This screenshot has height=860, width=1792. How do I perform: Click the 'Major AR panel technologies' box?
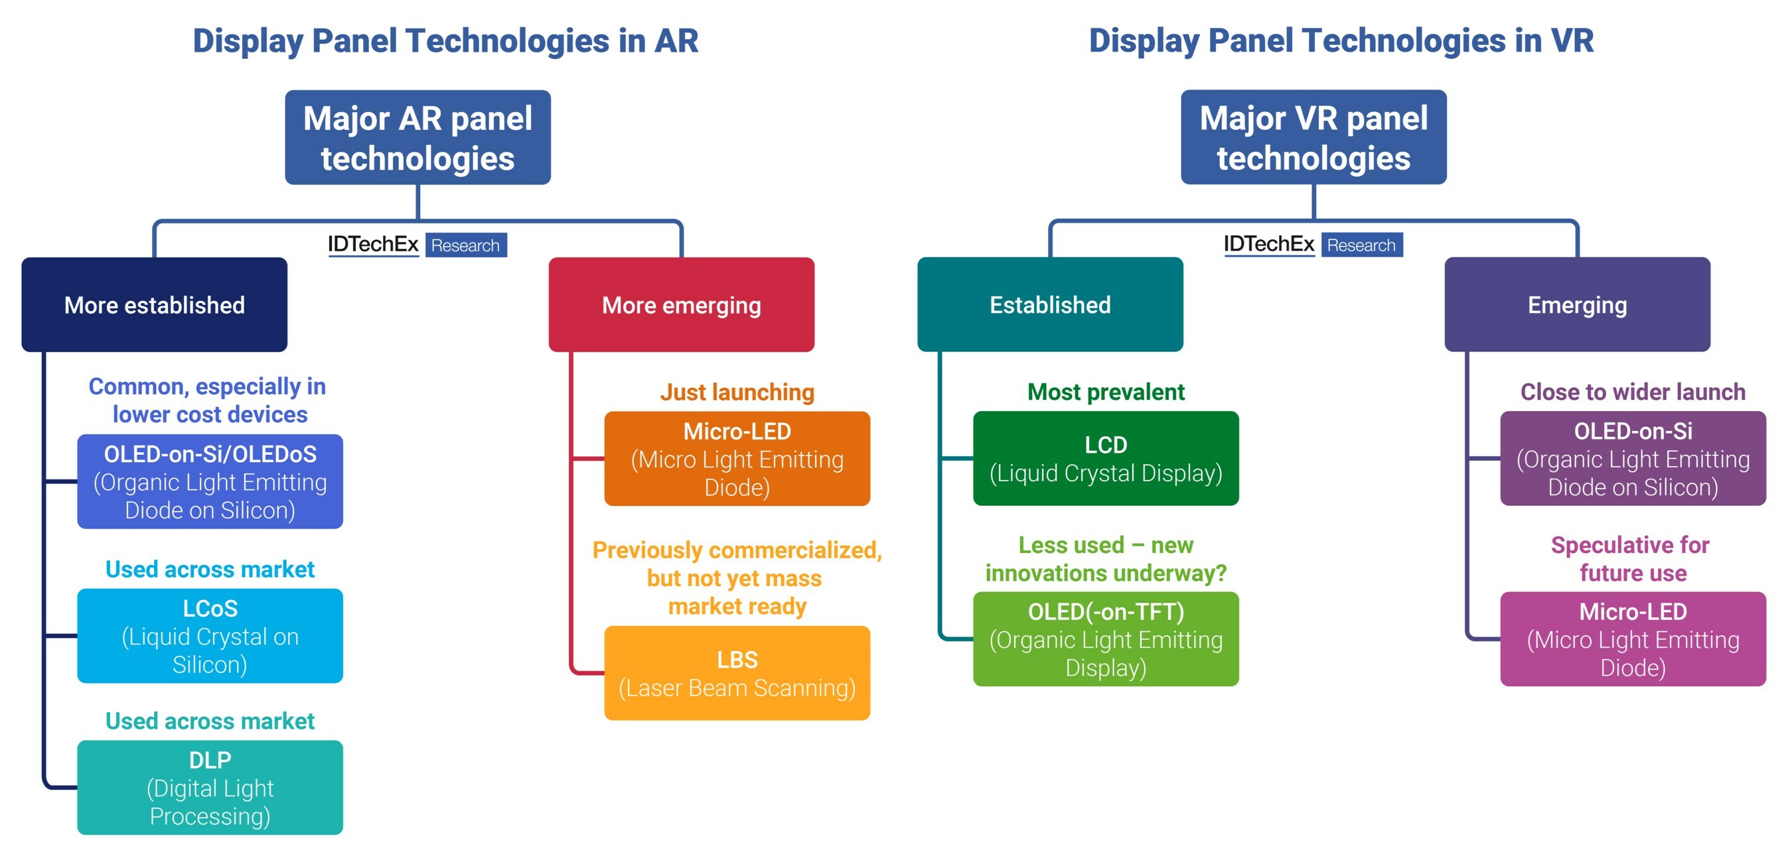[x=417, y=137]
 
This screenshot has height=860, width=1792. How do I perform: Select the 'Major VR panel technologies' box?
[x=1313, y=137]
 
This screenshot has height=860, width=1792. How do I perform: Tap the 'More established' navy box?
[x=154, y=304]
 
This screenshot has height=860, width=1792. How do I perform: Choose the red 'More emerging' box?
[x=681, y=304]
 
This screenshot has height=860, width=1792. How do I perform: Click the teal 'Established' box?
[x=1050, y=304]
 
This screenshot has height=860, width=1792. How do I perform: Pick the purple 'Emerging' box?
[x=1577, y=304]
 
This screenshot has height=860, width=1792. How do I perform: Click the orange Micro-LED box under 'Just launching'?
[x=737, y=458]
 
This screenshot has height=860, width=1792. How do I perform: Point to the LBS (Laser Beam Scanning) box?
[x=737, y=672]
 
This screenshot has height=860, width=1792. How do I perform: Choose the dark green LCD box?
[x=1105, y=458]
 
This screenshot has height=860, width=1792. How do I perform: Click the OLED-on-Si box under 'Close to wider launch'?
[x=1633, y=458]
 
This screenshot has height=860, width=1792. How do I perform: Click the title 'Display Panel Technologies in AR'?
[x=445, y=40]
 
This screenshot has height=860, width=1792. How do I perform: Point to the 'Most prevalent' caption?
[x=1105, y=392]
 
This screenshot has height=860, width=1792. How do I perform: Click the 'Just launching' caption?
[x=737, y=392]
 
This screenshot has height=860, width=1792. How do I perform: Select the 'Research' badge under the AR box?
[x=465, y=245]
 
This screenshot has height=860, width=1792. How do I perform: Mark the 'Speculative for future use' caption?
[x=1631, y=558]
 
